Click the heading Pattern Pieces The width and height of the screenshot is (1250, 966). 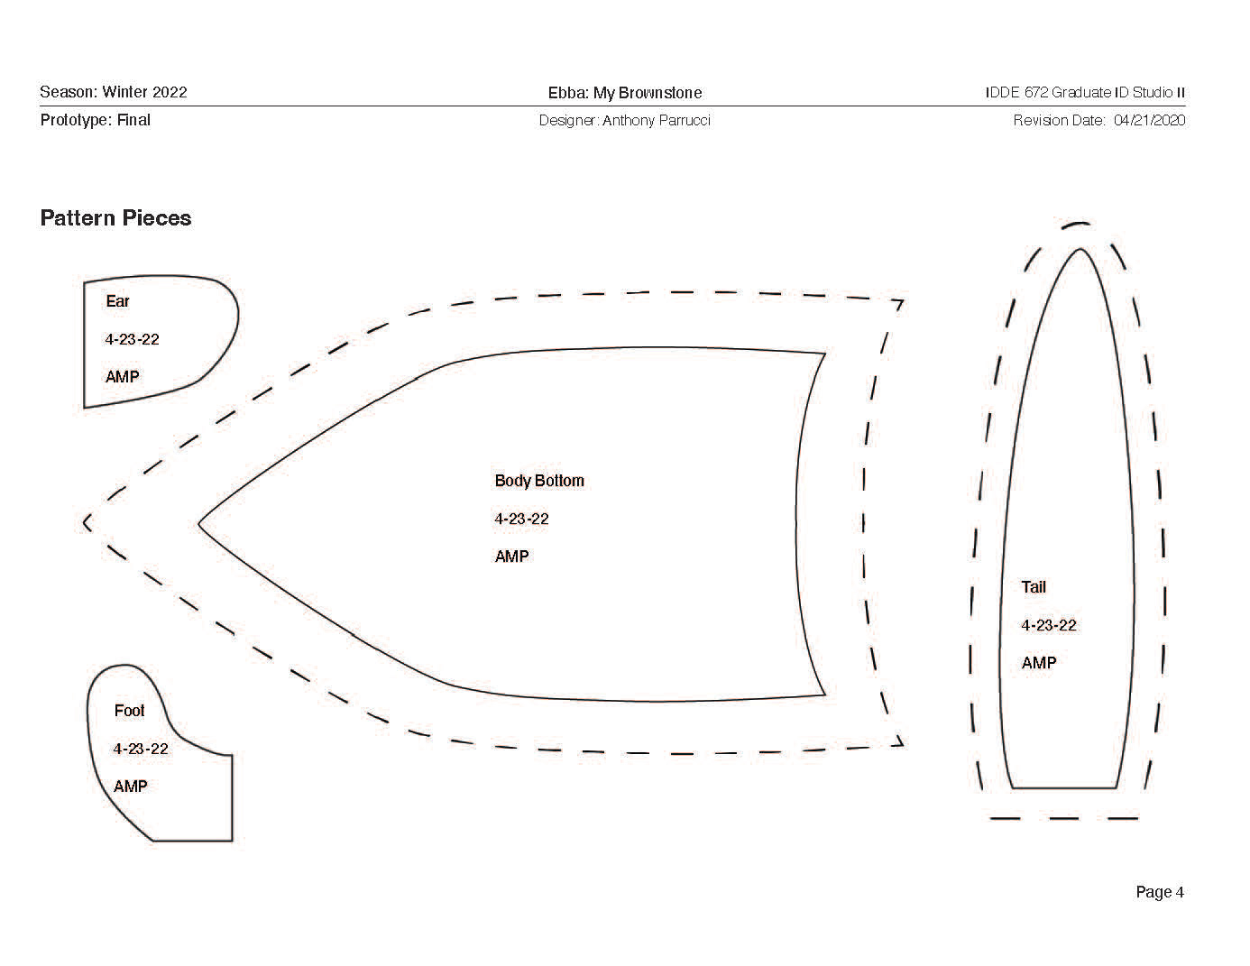tap(115, 218)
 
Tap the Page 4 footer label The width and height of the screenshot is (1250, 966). tap(1159, 892)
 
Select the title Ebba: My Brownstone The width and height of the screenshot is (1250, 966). tap(624, 93)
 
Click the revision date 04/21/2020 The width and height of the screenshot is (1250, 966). tap(1149, 120)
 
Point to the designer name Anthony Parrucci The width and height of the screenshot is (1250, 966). tap(656, 120)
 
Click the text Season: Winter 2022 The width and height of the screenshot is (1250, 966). tap(114, 92)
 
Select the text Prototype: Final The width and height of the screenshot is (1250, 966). tap(95, 120)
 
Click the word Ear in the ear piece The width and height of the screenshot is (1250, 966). tap(117, 301)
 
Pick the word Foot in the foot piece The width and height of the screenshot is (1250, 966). tap(129, 711)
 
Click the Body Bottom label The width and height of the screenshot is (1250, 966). tap(539, 481)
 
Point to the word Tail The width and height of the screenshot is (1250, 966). tap(1034, 587)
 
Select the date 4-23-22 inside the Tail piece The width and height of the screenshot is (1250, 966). tap(1049, 625)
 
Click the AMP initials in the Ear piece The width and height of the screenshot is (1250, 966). tap(122, 377)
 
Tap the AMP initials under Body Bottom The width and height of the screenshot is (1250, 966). tap(511, 557)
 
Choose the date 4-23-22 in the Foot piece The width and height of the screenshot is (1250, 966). tap(141, 749)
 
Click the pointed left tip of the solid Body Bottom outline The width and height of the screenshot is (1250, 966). tap(199, 522)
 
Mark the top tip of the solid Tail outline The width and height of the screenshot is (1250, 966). tap(1080, 249)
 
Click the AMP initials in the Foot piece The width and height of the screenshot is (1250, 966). tap(130, 787)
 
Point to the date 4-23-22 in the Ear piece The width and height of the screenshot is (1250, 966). tap(132, 339)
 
